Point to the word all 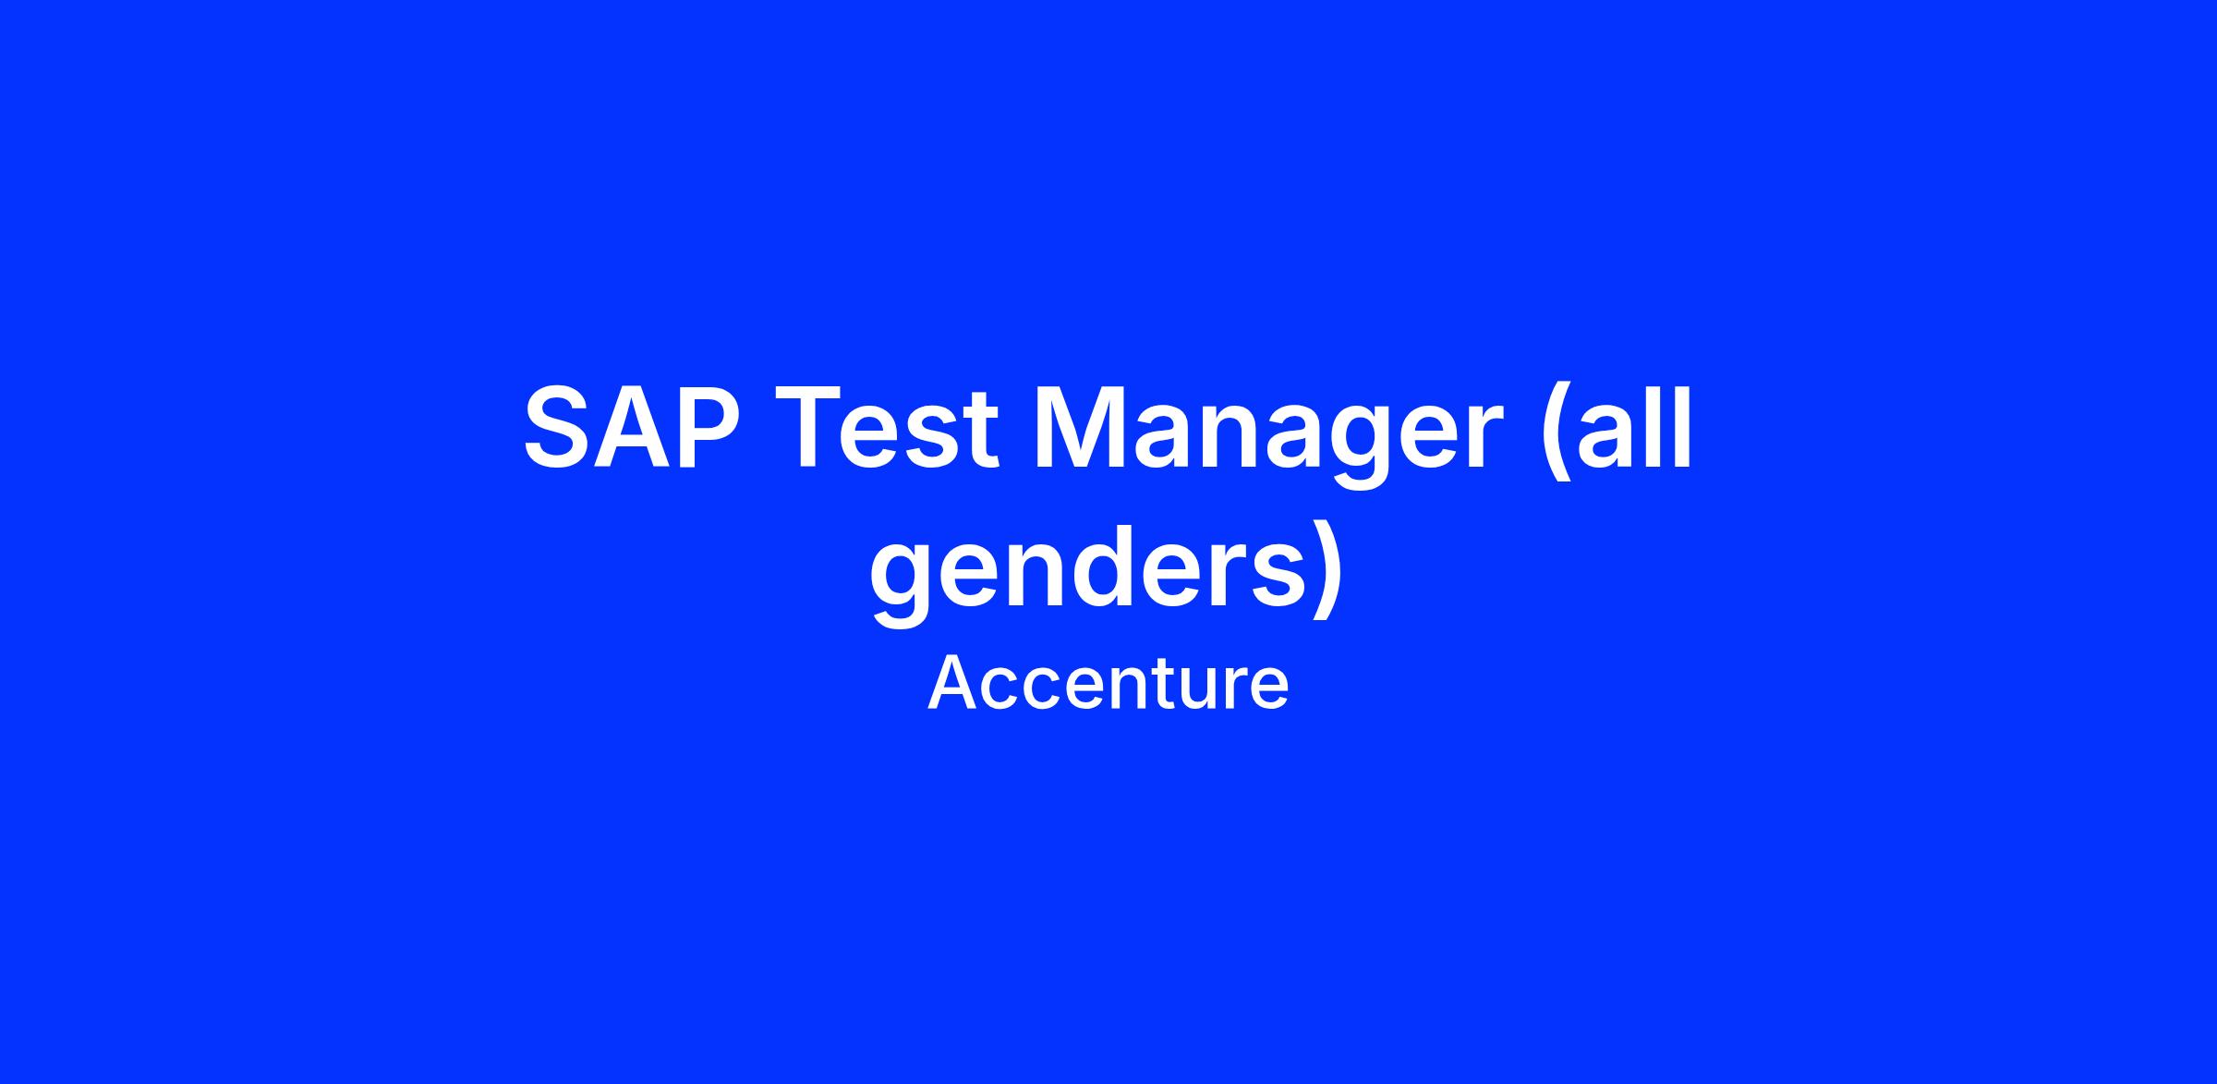1634,428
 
